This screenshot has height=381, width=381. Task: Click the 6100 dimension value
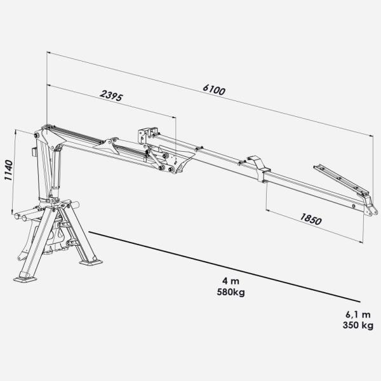[214, 90]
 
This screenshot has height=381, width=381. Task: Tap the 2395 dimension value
[112, 95]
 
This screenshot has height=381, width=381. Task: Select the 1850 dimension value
[311, 219]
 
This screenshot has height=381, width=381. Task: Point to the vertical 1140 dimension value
[9, 170]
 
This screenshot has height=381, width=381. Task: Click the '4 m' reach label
[231, 281]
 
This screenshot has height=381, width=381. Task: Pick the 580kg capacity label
[231, 292]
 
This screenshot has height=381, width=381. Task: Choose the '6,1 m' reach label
[358, 314]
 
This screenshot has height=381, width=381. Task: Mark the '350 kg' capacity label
[358, 325]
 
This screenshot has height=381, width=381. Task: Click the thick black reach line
[224, 267]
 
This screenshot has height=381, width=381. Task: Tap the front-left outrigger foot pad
[25, 279]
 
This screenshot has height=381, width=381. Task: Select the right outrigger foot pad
[91, 262]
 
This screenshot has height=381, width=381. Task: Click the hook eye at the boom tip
[371, 212]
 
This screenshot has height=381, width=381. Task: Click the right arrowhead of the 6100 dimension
[371, 136]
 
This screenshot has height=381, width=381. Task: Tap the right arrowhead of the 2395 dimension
[174, 117]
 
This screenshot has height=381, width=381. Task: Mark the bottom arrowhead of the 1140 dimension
[11, 212]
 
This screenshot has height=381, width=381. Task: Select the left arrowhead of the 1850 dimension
[268, 210]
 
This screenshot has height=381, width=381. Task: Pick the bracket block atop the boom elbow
[147, 136]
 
